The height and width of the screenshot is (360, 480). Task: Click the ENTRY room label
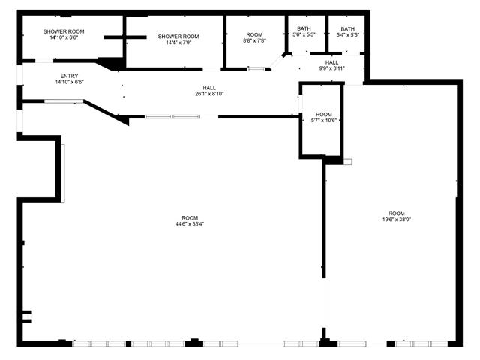click(69, 76)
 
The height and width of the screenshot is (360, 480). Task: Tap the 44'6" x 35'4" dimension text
click(190, 223)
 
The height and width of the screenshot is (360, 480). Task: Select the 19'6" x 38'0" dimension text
click(397, 220)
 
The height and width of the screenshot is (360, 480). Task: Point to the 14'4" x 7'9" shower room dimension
click(178, 43)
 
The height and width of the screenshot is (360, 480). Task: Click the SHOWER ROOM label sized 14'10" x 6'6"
click(64, 31)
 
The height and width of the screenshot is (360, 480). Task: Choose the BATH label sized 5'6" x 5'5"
click(304, 28)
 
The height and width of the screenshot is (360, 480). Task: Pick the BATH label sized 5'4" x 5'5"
click(348, 28)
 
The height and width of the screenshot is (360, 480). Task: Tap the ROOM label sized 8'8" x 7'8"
click(254, 34)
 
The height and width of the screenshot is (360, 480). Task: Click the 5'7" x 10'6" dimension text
click(324, 120)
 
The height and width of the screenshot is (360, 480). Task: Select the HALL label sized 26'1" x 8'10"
click(209, 88)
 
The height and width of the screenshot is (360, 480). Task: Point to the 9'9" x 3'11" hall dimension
click(331, 68)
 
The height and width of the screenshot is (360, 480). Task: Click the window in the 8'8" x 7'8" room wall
click(256, 69)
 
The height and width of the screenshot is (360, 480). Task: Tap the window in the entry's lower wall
click(64, 101)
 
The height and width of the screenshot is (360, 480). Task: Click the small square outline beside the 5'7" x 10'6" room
click(348, 162)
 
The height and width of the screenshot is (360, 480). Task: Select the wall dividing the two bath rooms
click(327, 34)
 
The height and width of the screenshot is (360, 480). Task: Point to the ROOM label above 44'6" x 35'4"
click(190, 218)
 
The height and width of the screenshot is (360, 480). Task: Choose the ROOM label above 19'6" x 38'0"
click(397, 214)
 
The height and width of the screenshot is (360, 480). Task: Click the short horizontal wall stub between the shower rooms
click(125, 37)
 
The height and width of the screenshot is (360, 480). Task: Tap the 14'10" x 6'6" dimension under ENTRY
click(69, 82)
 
